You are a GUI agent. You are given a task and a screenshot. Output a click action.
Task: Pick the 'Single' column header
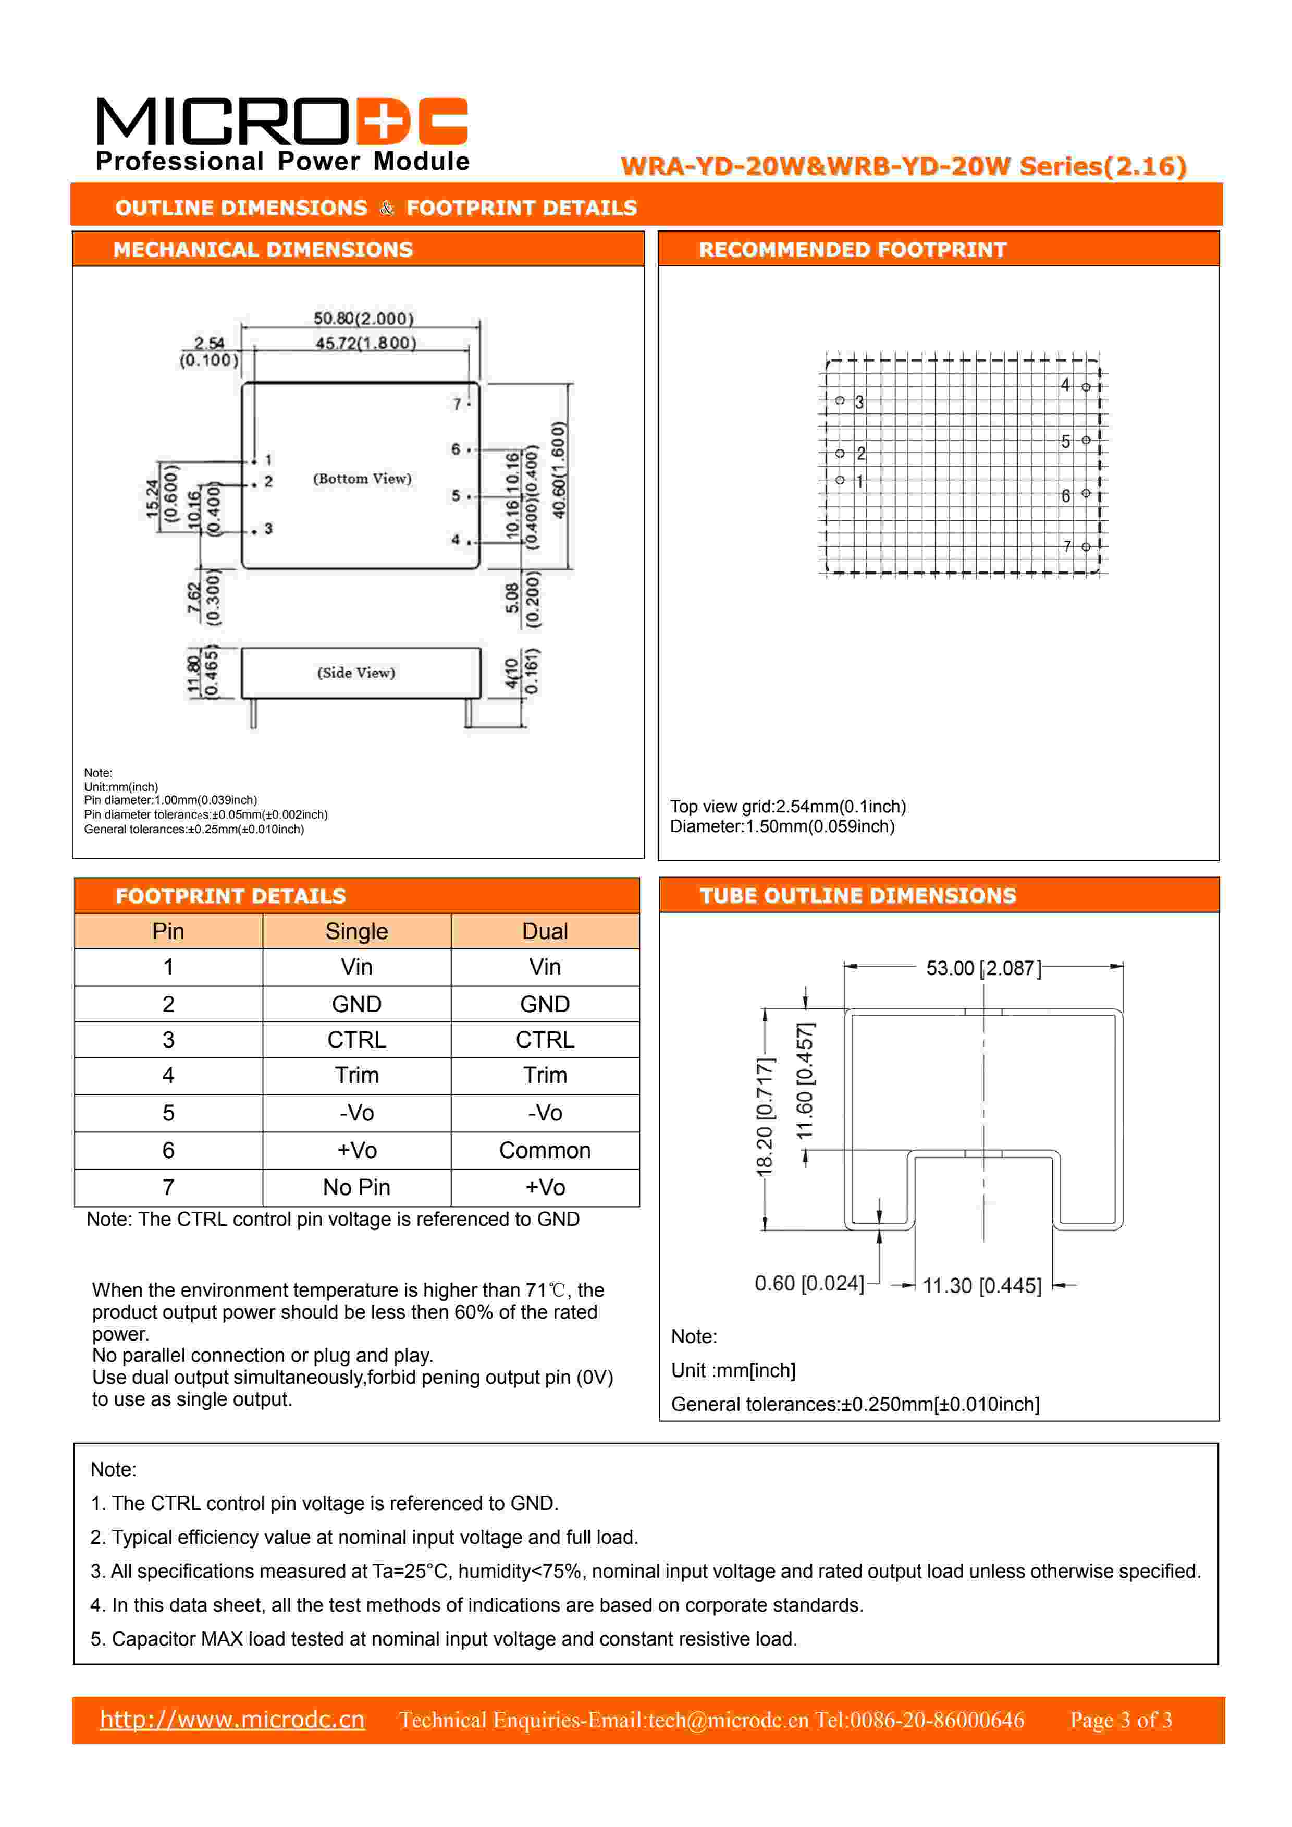(x=356, y=931)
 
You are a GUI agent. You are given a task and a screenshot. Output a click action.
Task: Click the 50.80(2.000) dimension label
(x=364, y=318)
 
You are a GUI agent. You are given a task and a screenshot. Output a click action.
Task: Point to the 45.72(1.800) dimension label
(x=365, y=343)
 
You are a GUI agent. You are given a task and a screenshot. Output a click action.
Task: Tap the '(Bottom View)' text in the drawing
(x=362, y=478)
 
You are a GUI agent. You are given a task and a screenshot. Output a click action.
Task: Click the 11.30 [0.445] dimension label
(x=982, y=1286)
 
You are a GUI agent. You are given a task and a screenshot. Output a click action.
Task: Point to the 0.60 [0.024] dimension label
(x=808, y=1284)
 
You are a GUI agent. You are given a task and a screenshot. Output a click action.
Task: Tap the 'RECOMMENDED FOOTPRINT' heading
(x=852, y=250)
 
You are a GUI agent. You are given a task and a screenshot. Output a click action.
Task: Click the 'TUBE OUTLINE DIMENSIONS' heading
(x=858, y=896)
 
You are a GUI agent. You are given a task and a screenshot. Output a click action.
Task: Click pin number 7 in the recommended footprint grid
(x=1068, y=546)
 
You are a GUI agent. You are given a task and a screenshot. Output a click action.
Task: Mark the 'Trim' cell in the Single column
(x=356, y=1075)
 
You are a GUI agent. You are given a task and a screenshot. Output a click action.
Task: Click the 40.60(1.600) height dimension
(x=559, y=470)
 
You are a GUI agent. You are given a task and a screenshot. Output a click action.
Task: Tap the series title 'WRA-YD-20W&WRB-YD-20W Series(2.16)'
(x=903, y=166)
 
